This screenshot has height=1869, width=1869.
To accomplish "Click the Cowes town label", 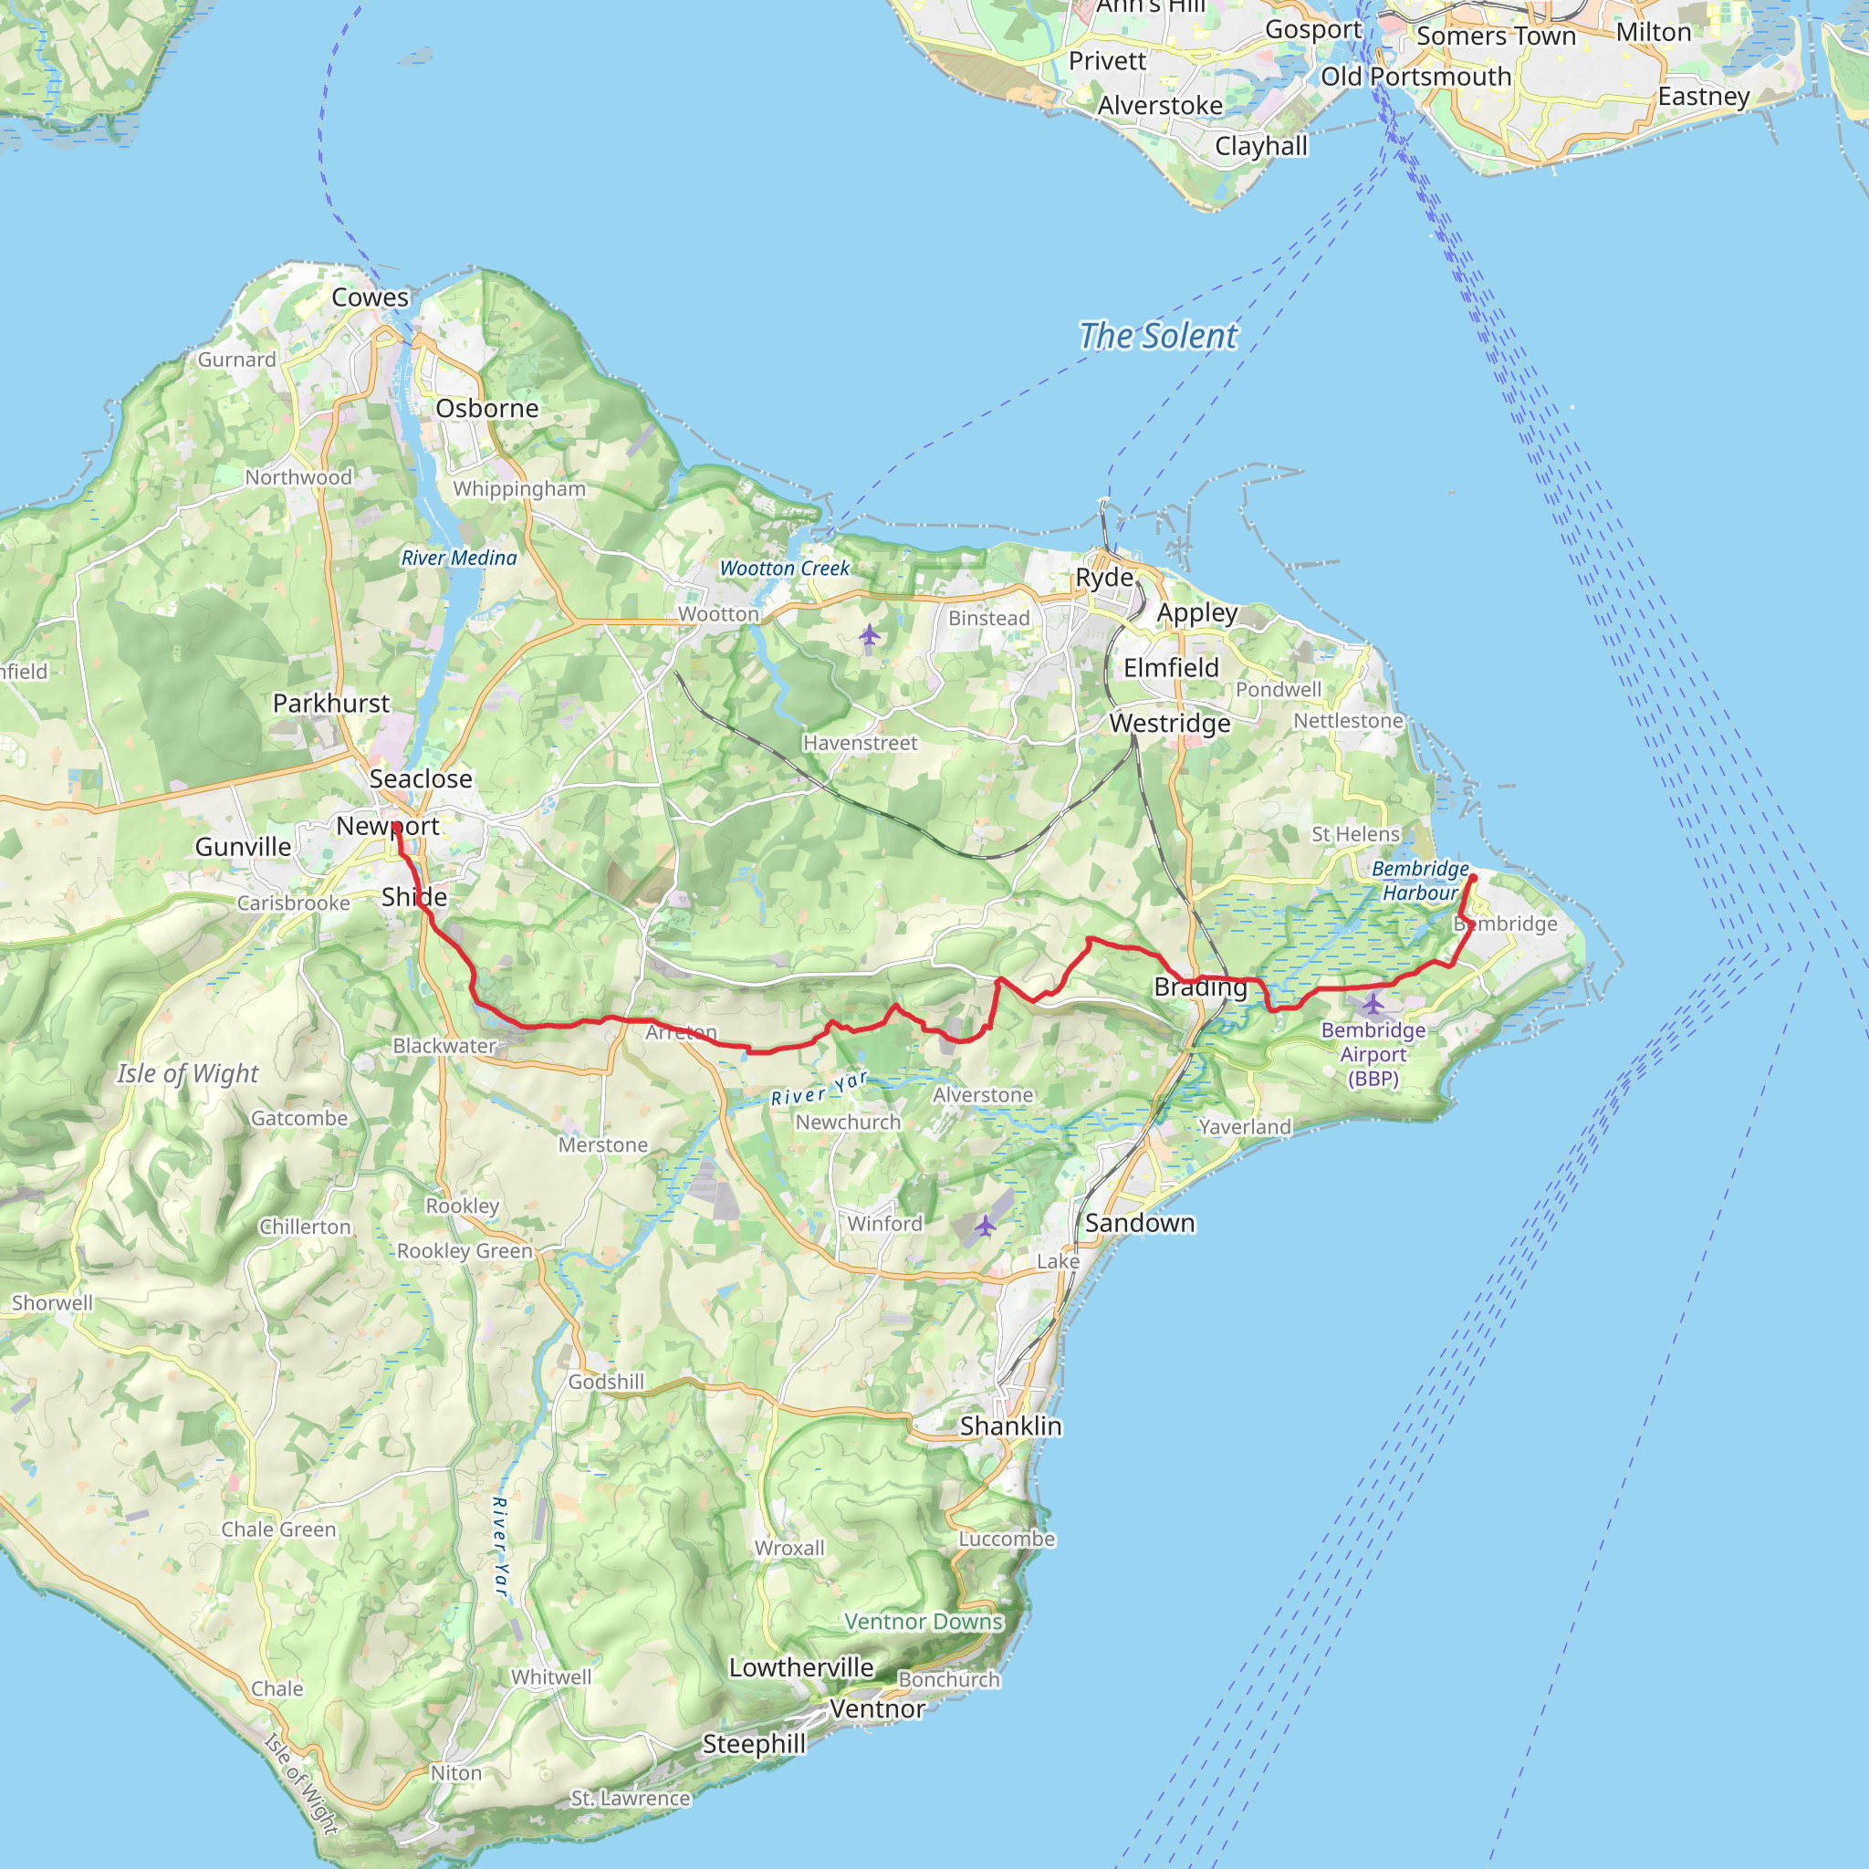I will tap(371, 297).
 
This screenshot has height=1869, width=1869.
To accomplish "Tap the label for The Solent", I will tap(1157, 336).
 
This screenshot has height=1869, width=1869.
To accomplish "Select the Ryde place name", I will tap(1104, 578).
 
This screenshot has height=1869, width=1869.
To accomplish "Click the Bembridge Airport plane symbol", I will tap(1373, 1003).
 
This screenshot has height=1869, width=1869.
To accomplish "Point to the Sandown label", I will tap(1139, 1223).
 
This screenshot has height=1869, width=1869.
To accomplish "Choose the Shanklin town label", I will tap(1011, 1426).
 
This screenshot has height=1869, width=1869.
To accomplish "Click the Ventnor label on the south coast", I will tap(877, 1709).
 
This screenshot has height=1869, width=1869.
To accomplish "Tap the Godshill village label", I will tap(606, 1382).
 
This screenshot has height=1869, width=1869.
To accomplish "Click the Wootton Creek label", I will tap(785, 569).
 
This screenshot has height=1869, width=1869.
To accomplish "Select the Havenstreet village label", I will tap(860, 743).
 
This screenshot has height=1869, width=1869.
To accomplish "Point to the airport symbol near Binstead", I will tap(870, 634).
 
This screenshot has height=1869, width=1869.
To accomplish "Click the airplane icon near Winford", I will tap(985, 1227).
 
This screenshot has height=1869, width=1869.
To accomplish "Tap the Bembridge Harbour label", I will tap(1420, 881).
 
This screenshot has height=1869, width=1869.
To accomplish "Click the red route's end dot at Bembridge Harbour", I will tap(1473, 877).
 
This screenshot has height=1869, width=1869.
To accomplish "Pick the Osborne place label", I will tap(486, 408).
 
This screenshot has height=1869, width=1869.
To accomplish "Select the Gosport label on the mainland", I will tap(1312, 29).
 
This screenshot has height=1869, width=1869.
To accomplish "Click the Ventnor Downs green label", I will tap(924, 1622).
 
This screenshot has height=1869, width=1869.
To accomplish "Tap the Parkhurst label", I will tap(331, 704).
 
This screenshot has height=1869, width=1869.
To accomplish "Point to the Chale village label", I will tap(277, 1688).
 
